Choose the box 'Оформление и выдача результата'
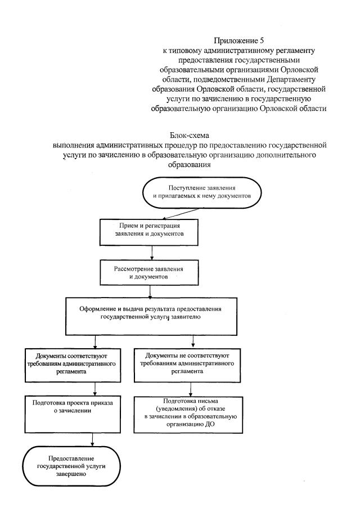coord(149,313)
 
